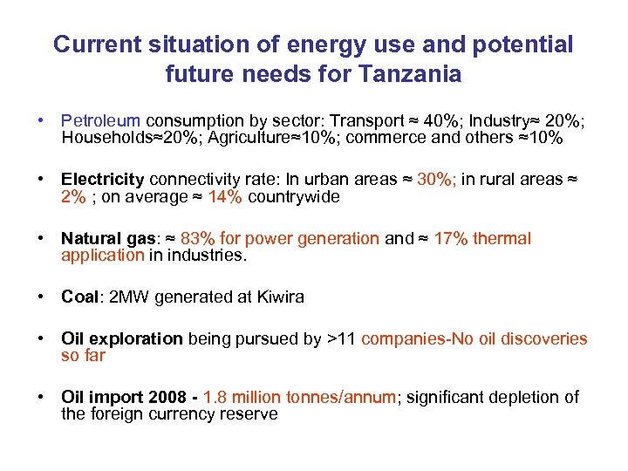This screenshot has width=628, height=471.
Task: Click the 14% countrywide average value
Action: click(226, 196)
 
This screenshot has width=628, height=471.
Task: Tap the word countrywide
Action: click(293, 196)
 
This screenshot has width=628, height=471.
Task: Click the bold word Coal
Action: click(79, 297)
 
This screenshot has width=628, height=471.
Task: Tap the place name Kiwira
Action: click(279, 297)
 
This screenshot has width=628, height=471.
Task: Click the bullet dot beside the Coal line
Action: click(41, 297)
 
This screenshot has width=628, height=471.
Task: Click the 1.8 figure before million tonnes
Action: click(215, 398)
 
